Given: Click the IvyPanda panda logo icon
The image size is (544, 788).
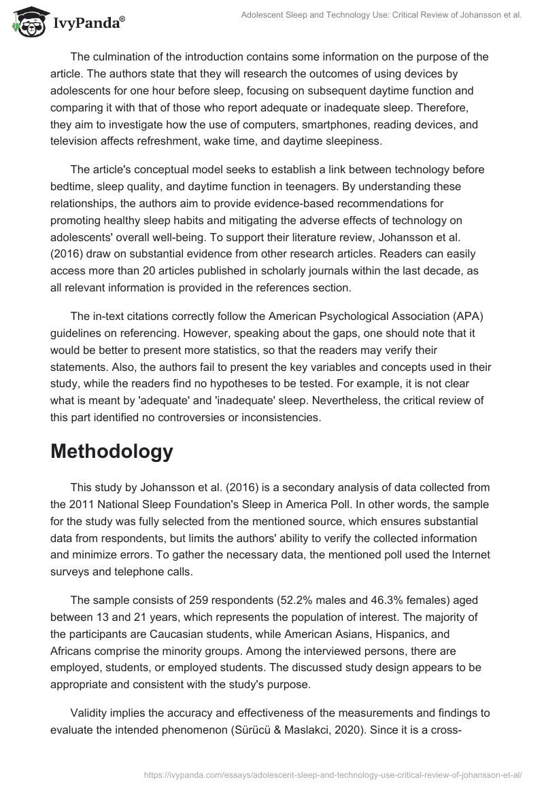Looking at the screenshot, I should coord(26,22).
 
